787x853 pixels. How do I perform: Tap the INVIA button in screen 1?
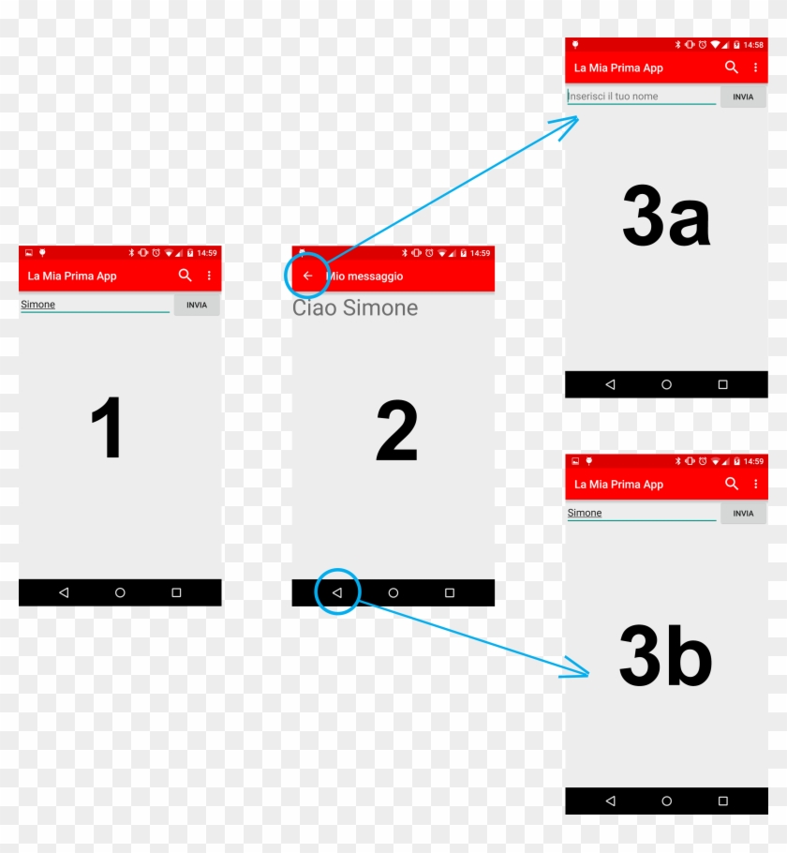(197, 305)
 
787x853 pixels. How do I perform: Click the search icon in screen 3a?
(732, 67)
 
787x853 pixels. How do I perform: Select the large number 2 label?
(396, 431)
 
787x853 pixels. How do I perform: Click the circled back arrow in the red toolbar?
(307, 276)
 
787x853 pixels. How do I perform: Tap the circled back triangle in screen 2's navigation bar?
(337, 592)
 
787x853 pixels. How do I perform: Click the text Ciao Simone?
(355, 308)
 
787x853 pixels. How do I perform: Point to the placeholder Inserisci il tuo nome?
(614, 97)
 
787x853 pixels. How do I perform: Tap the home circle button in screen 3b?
(666, 801)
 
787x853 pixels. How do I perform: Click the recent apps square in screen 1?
(176, 592)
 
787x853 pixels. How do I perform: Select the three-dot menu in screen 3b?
(756, 484)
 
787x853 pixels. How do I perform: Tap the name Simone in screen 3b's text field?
(585, 513)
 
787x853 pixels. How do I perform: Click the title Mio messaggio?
(365, 277)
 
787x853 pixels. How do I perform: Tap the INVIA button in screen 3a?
(743, 97)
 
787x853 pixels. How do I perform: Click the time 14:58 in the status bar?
(753, 44)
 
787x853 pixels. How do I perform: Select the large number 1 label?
(107, 428)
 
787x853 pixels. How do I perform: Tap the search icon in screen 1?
(186, 276)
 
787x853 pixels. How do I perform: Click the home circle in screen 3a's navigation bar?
(666, 384)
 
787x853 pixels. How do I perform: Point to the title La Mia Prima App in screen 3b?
(618, 485)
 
